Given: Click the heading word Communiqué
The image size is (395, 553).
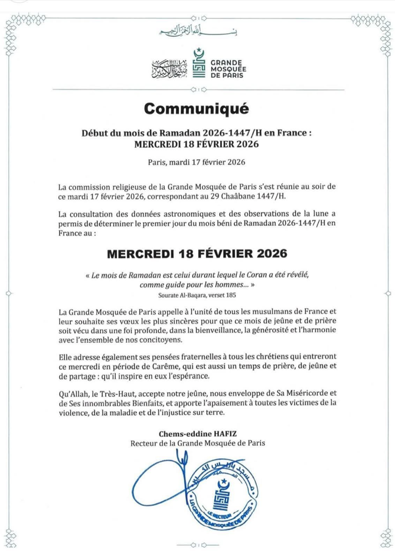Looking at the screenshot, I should [197, 108].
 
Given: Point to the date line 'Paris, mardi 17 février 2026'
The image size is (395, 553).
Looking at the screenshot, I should [197, 161].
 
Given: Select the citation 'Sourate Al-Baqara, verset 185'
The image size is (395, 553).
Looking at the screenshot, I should [197, 294].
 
